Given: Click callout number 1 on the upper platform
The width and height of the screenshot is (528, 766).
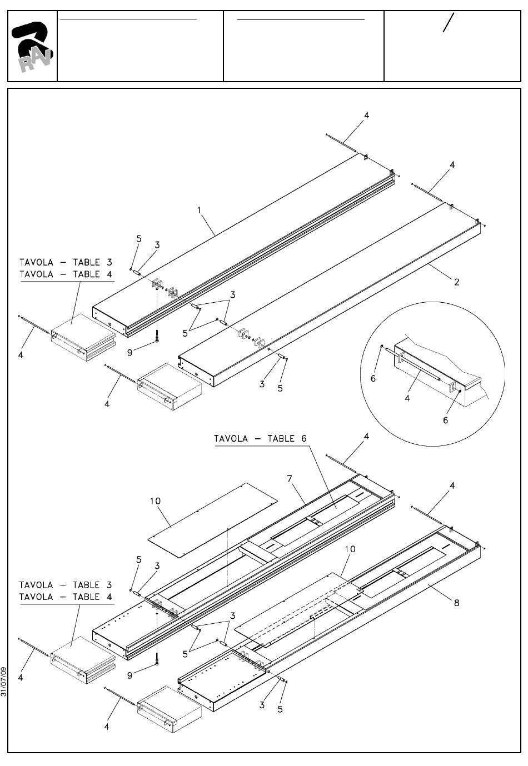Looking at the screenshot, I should [x=199, y=211].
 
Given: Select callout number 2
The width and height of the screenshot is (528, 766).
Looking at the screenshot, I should [x=456, y=282].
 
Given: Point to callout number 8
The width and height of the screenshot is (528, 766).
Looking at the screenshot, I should [x=456, y=603].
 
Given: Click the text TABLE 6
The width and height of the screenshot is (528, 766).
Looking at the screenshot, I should [x=287, y=438].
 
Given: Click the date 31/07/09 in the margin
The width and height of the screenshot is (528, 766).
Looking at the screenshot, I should [x=4, y=682].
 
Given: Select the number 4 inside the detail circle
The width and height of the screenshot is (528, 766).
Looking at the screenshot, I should [x=407, y=398].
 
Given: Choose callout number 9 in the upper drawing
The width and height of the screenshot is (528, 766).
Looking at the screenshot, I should [x=129, y=353].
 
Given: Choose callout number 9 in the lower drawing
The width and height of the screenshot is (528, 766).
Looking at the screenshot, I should [x=129, y=675].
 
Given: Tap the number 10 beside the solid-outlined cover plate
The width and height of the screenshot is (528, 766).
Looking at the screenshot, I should [x=156, y=501].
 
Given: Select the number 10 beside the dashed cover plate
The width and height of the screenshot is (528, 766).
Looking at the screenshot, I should [x=351, y=549].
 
